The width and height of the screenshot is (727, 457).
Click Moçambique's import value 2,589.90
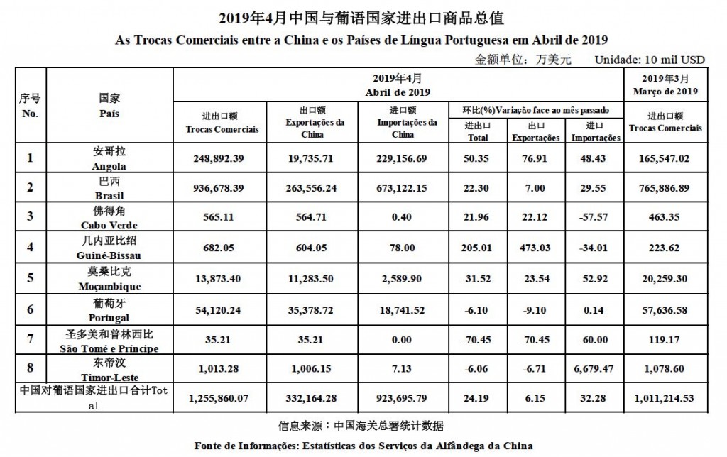click(x=403, y=277)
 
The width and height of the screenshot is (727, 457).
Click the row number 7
click(x=30, y=338)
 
